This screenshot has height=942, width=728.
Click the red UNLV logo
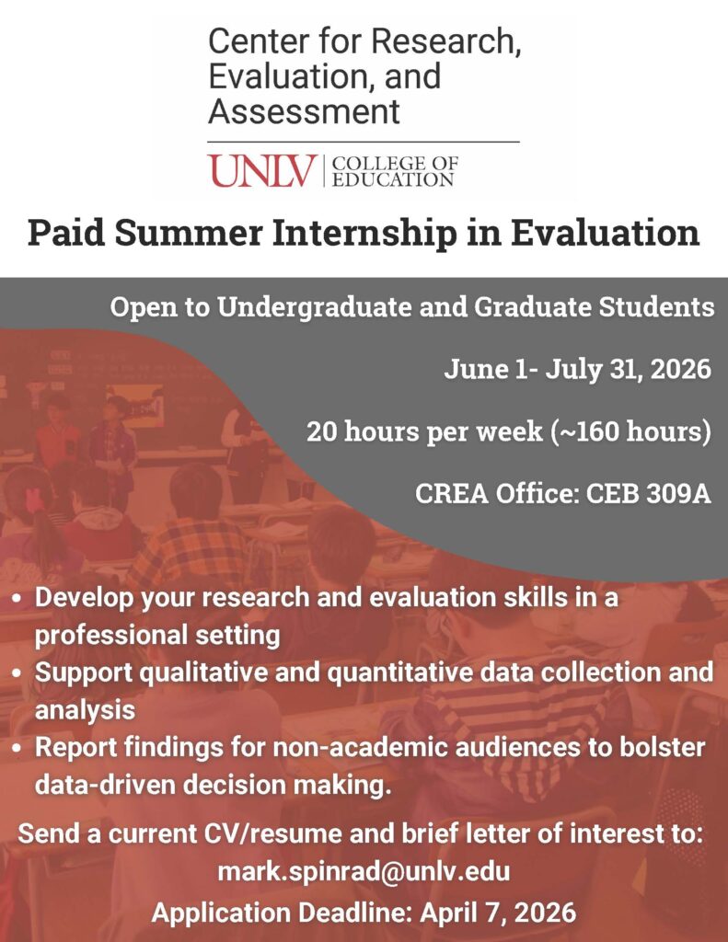(x=262, y=170)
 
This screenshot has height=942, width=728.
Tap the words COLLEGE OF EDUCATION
(x=395, y=171)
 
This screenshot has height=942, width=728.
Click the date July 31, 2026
(x=629, y=368)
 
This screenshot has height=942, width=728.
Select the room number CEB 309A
(x=649, y=494)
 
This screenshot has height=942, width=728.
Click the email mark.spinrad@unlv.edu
(x=364, y=870)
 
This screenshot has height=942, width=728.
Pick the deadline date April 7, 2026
(x=498, y=913)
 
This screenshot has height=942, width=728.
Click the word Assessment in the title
(x=304, y=111)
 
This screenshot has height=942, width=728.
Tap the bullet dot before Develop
(x=18, y=599)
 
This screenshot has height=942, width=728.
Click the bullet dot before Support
(x=18, y=672)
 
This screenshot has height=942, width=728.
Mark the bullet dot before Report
(x=18, y=749)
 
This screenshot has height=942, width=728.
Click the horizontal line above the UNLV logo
(x=364, y=142)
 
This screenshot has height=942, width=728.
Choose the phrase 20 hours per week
(x=424, y=432)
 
